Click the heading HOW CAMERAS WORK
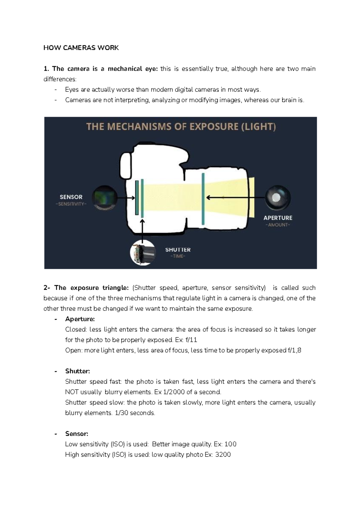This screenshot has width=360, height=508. point(81,48)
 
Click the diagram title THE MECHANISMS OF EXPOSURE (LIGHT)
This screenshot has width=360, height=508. point(181,127)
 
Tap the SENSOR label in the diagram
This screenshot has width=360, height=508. point(71,197)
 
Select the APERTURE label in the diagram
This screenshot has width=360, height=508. point(278,218)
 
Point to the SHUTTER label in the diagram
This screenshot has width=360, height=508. point(178,250)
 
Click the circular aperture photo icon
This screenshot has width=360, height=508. point(277,198)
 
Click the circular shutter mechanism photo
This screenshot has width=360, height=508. point(143,253)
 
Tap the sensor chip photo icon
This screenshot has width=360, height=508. point(104,198)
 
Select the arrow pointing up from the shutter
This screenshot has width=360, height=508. point(142,229)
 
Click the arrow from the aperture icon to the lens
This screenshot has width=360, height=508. point(235,198)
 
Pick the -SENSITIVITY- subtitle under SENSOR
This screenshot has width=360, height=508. point(71,204)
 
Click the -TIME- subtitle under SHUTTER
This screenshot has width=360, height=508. point(178,256)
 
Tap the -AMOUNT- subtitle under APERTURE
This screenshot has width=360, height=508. point(278,225)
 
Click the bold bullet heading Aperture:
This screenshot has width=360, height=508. point(80,319)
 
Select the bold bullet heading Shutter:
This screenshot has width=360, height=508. point(77,371)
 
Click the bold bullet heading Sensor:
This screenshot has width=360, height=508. point(76,434)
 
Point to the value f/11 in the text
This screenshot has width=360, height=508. point(191,340)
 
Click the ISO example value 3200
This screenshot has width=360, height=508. point(223,455)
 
